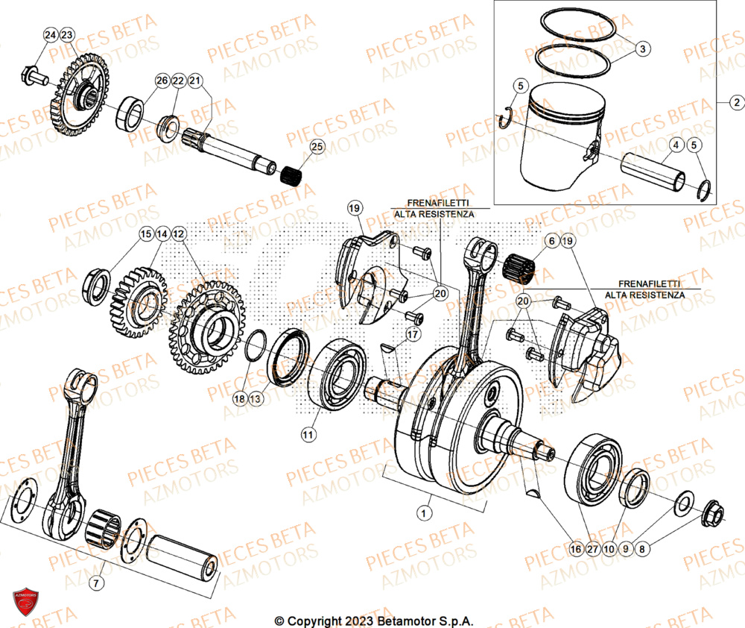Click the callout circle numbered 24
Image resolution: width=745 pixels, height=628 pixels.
tap(50, 36)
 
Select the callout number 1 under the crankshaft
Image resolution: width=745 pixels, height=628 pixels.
tap(424, 513)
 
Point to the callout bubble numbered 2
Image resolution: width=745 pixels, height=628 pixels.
tap(735, 102)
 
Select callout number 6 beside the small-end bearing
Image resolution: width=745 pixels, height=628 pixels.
tap(551, 241)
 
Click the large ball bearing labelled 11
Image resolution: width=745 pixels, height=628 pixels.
tap(340, 371)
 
